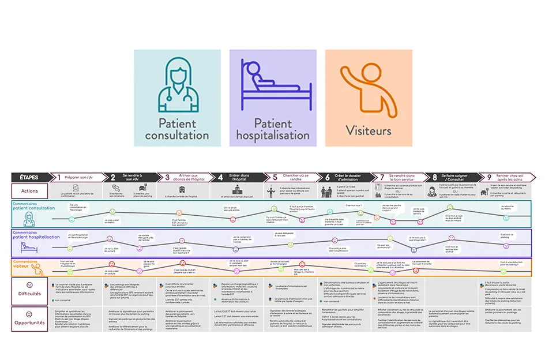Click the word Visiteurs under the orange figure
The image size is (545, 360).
point(369,130)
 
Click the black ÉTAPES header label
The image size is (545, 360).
point(30,177)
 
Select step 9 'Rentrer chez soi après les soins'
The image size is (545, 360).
point(506,177)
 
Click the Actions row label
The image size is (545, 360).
point(30,191)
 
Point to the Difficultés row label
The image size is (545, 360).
point(30,294)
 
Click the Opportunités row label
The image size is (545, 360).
point(30,322)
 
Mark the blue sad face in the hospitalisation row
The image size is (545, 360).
point(414,250)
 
